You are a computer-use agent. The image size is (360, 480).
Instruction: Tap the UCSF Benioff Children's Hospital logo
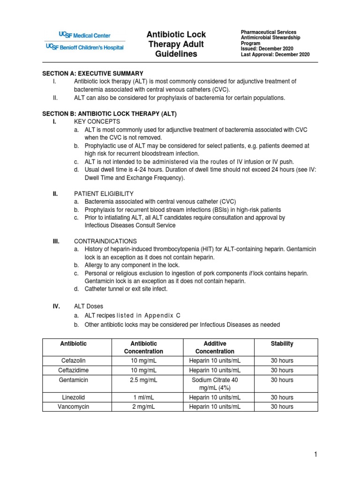[x=85, y=47]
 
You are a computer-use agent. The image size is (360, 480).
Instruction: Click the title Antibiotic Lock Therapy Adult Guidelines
[x=176, y=45]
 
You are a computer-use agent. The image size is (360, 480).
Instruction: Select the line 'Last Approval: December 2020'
[x=275, y=54]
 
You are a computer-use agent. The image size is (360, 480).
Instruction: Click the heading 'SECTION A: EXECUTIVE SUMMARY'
[x=92, y=74]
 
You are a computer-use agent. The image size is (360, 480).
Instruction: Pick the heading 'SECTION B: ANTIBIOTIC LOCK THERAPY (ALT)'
[x=110, y=114]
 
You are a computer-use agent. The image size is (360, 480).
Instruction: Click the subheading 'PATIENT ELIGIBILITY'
[x=104, y=194]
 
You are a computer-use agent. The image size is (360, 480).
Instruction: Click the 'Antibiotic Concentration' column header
[x=143, y=347]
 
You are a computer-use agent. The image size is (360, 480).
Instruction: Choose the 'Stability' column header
[x=282, y=344]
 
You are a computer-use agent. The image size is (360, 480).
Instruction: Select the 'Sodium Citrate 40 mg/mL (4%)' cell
[x=215, y=384]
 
